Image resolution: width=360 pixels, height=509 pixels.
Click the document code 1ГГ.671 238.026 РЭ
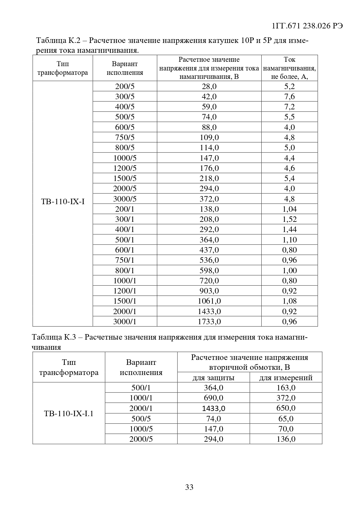click(x=307, y=26)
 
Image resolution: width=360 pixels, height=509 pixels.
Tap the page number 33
click(x=189, y=487)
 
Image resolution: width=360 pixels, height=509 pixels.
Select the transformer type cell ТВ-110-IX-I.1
click(x=69, y=413)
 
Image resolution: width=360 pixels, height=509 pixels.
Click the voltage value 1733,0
click(x=209, y=321)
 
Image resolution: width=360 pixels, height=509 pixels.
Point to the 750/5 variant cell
click(x=125, y=137)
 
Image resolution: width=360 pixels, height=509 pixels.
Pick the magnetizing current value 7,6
click(x=289, y=96)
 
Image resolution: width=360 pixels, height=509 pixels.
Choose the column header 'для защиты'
click(x=214, y=378)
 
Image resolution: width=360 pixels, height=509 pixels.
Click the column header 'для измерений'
click(x=286, y=378)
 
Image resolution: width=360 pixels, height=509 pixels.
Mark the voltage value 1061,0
click(x=209, y=301)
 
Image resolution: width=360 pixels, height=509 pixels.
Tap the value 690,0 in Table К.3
click(x=214, y=398)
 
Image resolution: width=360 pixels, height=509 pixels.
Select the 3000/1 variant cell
click(x=125, y=321)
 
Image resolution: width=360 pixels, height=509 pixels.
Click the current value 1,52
click(x=289, y=219)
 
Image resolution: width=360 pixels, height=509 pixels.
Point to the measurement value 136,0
click(x=286, y=439)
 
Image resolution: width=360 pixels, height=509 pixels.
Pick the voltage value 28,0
click(x=209, y=86)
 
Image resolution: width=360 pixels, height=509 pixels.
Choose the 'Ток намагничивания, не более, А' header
click(x=289, y=68)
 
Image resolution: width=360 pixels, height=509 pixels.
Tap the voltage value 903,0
click(x=209, y=291)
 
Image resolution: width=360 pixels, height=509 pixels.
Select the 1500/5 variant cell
click(x=125, y=178)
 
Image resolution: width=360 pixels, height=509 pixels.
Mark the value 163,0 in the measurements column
click(x=286, y=387)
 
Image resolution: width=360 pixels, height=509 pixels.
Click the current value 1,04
click(x=289, y=209)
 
